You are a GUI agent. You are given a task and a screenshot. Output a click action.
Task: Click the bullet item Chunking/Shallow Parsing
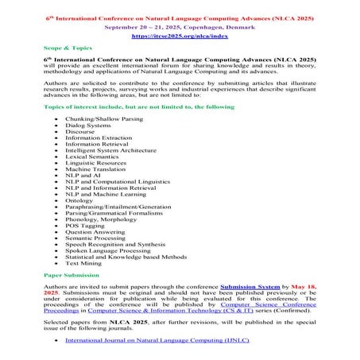(104, 118)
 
